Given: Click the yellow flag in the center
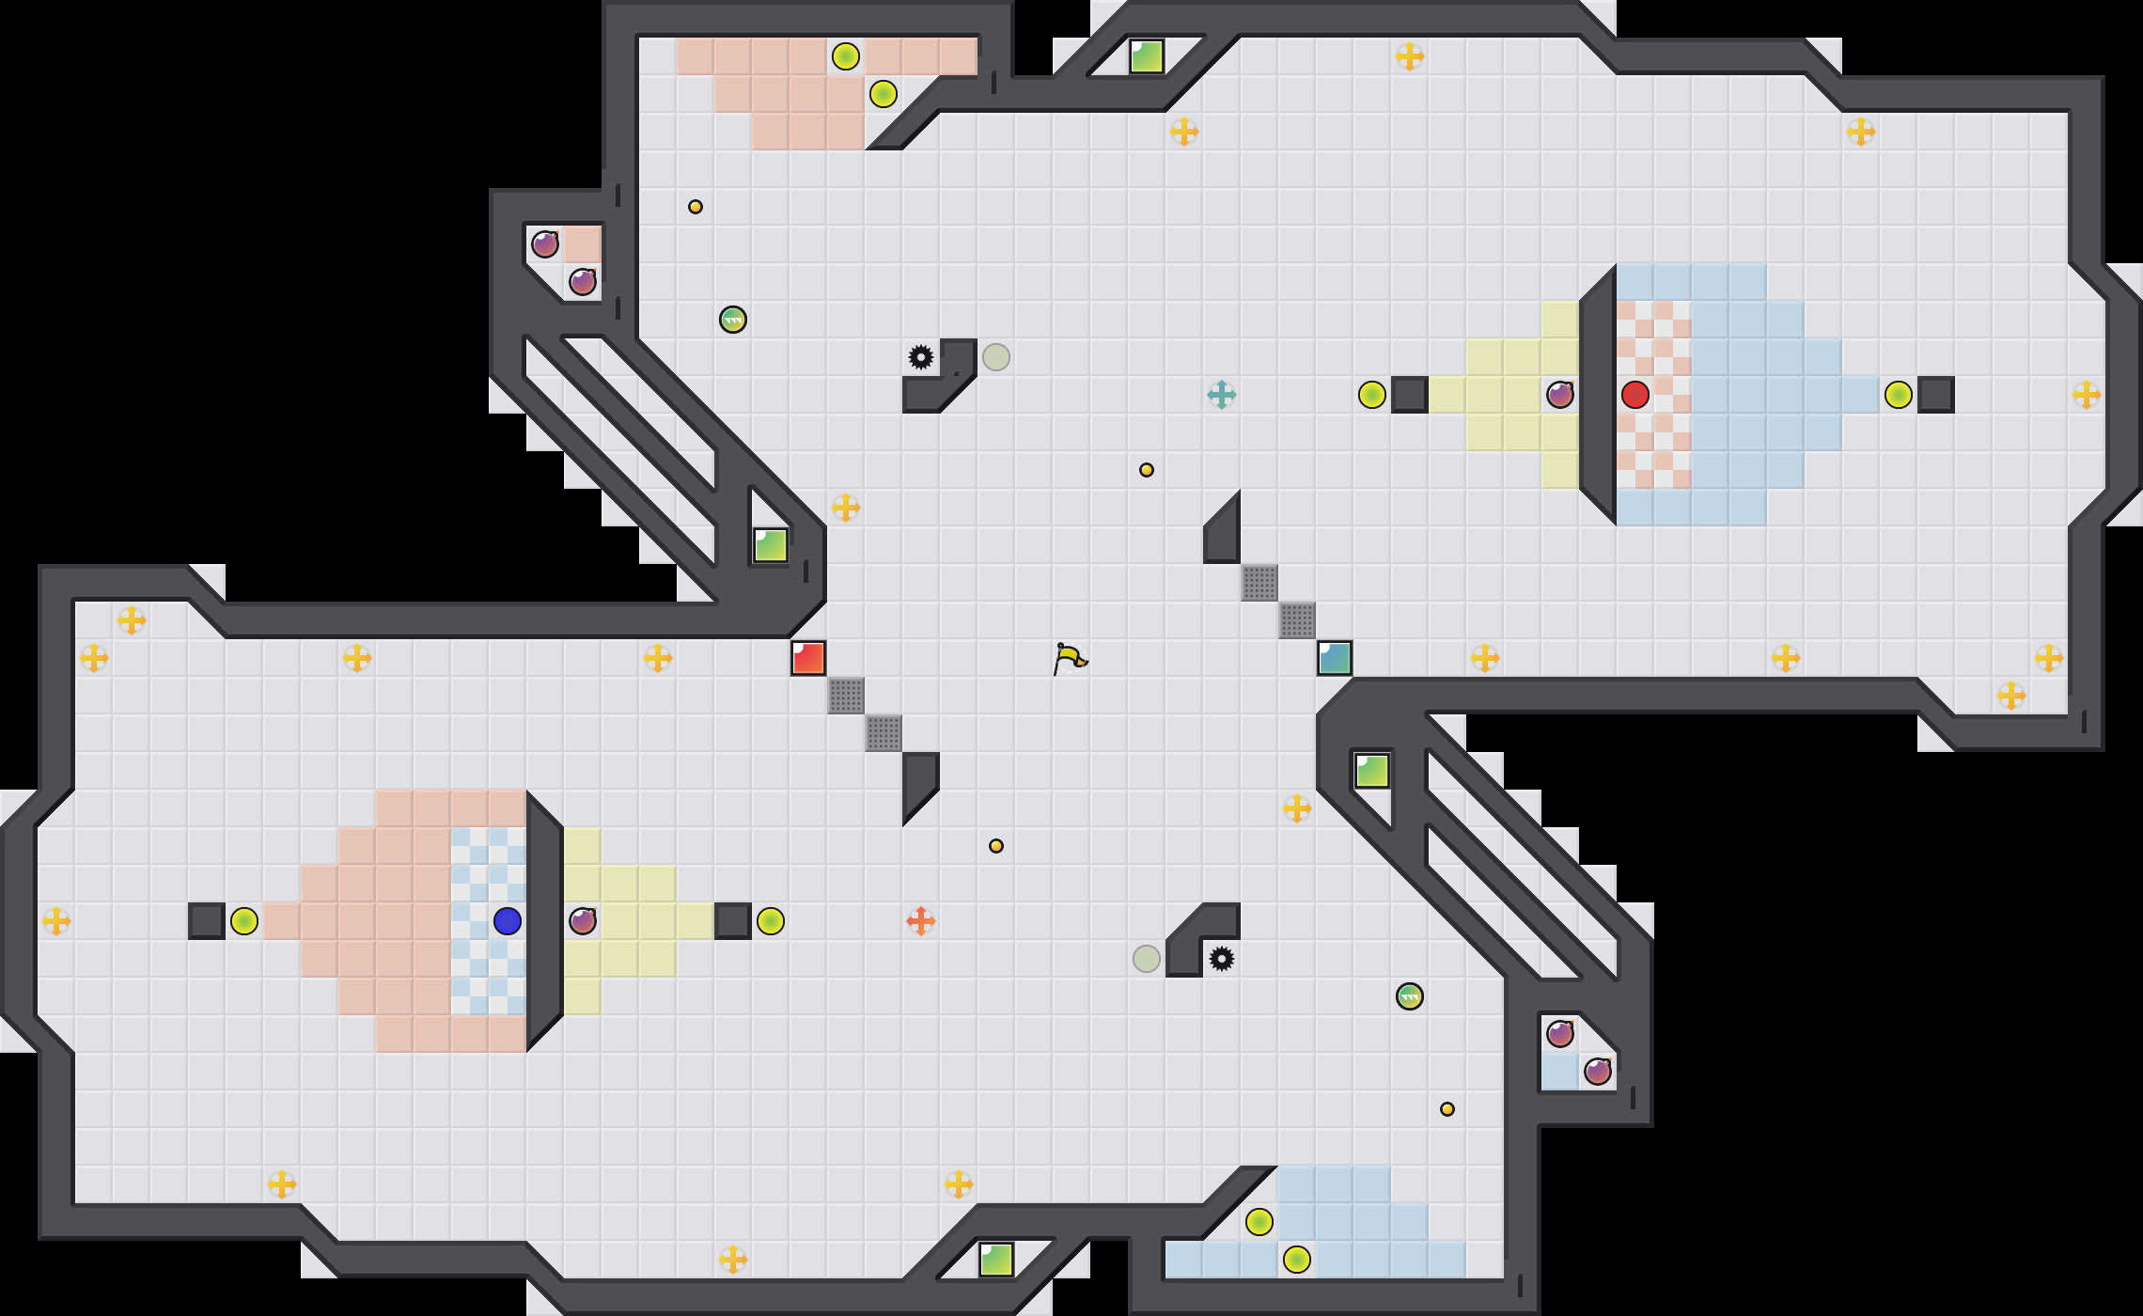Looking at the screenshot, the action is (1070, 658).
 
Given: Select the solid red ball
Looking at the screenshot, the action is (1635, 395).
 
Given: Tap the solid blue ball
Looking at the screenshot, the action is (508, 921).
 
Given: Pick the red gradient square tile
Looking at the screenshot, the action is (808, 658).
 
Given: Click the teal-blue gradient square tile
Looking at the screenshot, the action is (1335, 658).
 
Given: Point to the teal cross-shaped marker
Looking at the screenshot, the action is (1222, 395).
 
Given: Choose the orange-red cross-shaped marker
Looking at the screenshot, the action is (921, 921).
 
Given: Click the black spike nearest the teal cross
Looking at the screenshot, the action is (921, 357).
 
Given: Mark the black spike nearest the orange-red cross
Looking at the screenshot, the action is (1222, 959).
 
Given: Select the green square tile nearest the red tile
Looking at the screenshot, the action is (771, 545).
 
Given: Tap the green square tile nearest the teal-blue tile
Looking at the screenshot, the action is (1372, 771).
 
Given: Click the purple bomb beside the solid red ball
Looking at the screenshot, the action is (1560, 395).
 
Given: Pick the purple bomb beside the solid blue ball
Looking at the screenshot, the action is (583, 921).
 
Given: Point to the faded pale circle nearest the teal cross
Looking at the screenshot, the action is (996, 357).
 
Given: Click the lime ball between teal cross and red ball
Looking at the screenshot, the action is (1372, 395).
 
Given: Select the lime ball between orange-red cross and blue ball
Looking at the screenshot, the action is (771, 921).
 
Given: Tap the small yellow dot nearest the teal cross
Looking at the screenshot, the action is (1147, 470).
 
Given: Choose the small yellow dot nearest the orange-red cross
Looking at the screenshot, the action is (996, 846).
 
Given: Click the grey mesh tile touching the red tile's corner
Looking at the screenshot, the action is (846, 696).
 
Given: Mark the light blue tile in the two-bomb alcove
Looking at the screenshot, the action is (1560, 1072).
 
